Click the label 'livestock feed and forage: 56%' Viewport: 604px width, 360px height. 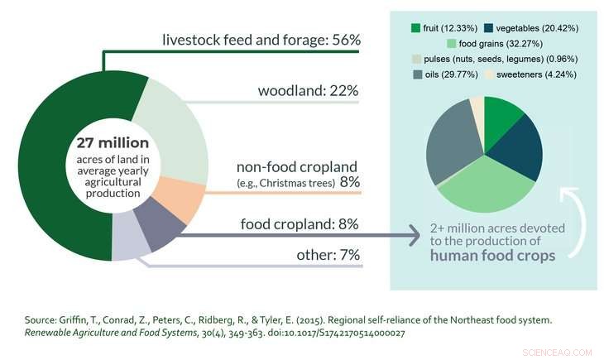pyautogui.click(x=261, y=39)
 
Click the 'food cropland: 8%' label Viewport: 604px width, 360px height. pyautogui.click(x=300, y=223)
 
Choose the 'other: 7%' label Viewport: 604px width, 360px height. pyautogui.click(x=328, y=255)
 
